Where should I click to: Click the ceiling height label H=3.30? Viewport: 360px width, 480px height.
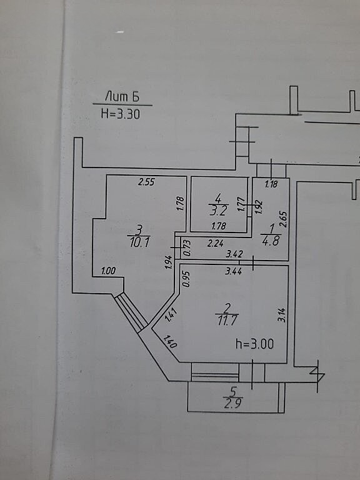click(x=120, y=114)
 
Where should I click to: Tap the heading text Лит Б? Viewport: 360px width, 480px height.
click(x=122, y=96)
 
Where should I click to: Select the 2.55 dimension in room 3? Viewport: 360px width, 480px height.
click(x=146, y=182)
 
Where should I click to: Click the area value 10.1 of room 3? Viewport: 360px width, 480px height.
click(x=139, y=242)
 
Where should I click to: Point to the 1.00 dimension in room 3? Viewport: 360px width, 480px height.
click(x=108, y=271)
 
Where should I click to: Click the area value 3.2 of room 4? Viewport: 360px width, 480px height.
click(x=218, y=211)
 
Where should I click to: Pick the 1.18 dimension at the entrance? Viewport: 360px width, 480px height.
click(x=271, y=184)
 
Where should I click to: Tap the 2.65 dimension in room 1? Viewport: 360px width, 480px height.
click(x=284, y=219)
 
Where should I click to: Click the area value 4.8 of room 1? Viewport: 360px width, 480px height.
click(x=271, y=241)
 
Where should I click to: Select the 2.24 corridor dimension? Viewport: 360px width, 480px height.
click(x=215, y=244)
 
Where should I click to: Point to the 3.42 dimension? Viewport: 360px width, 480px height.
click(x=234, y=254)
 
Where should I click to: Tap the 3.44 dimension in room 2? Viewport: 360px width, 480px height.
click(x=233, y=271)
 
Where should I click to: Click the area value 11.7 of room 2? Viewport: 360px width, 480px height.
click(x=226, y=321)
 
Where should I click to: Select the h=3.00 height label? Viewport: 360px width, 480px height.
click(x=254, y=344)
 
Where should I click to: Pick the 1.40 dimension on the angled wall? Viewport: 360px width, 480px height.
click(x=170, y=342)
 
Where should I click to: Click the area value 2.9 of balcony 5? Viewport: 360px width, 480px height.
click(x=232, y=404)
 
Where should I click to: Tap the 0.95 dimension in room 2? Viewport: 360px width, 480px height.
click(x=186, y=279)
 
